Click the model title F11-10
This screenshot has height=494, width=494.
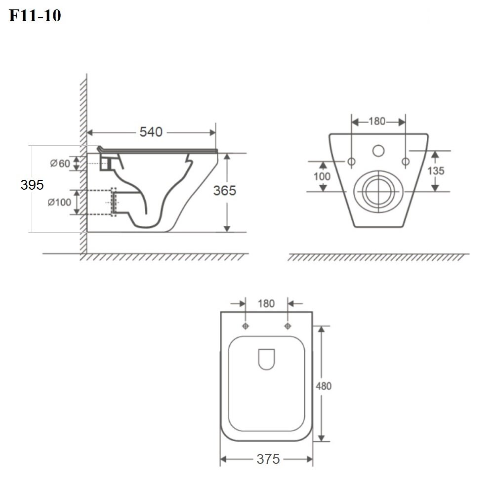tap(35, 15)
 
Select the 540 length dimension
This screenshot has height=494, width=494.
tap(151, 132)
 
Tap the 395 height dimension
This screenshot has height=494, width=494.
tap(32, 185)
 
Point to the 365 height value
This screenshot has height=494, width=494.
tap(225, 191)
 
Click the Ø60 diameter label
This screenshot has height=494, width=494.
tap(60, 164)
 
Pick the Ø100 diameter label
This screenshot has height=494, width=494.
tap(59, 202)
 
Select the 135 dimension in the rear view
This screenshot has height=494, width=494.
tap(436, 171)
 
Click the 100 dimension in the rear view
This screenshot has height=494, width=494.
tap(322, 176)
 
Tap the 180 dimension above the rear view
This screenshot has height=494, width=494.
tap(377, 122)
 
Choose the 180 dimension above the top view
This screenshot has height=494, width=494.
tap(266, 303)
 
